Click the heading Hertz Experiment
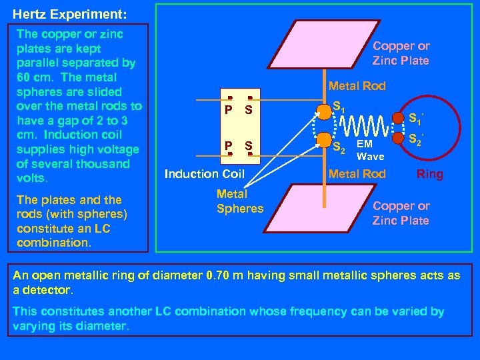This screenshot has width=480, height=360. click(x=61, y=14)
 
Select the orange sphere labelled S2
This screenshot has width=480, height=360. click(x=325, y=140)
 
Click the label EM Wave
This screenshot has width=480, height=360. click(x=370, y=150)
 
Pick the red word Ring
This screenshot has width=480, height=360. click(x=429, y=175)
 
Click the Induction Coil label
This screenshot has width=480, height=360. click(x=205, y=175)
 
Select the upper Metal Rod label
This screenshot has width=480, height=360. click(x=357, y=85)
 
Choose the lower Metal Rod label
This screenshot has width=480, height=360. click(x=357, y=174)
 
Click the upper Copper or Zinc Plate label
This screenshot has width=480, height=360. click(x=401, y=53)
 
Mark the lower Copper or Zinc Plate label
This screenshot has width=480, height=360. click(x=401, y=213)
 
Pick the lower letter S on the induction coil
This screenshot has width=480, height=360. click(x=248, y=145)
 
